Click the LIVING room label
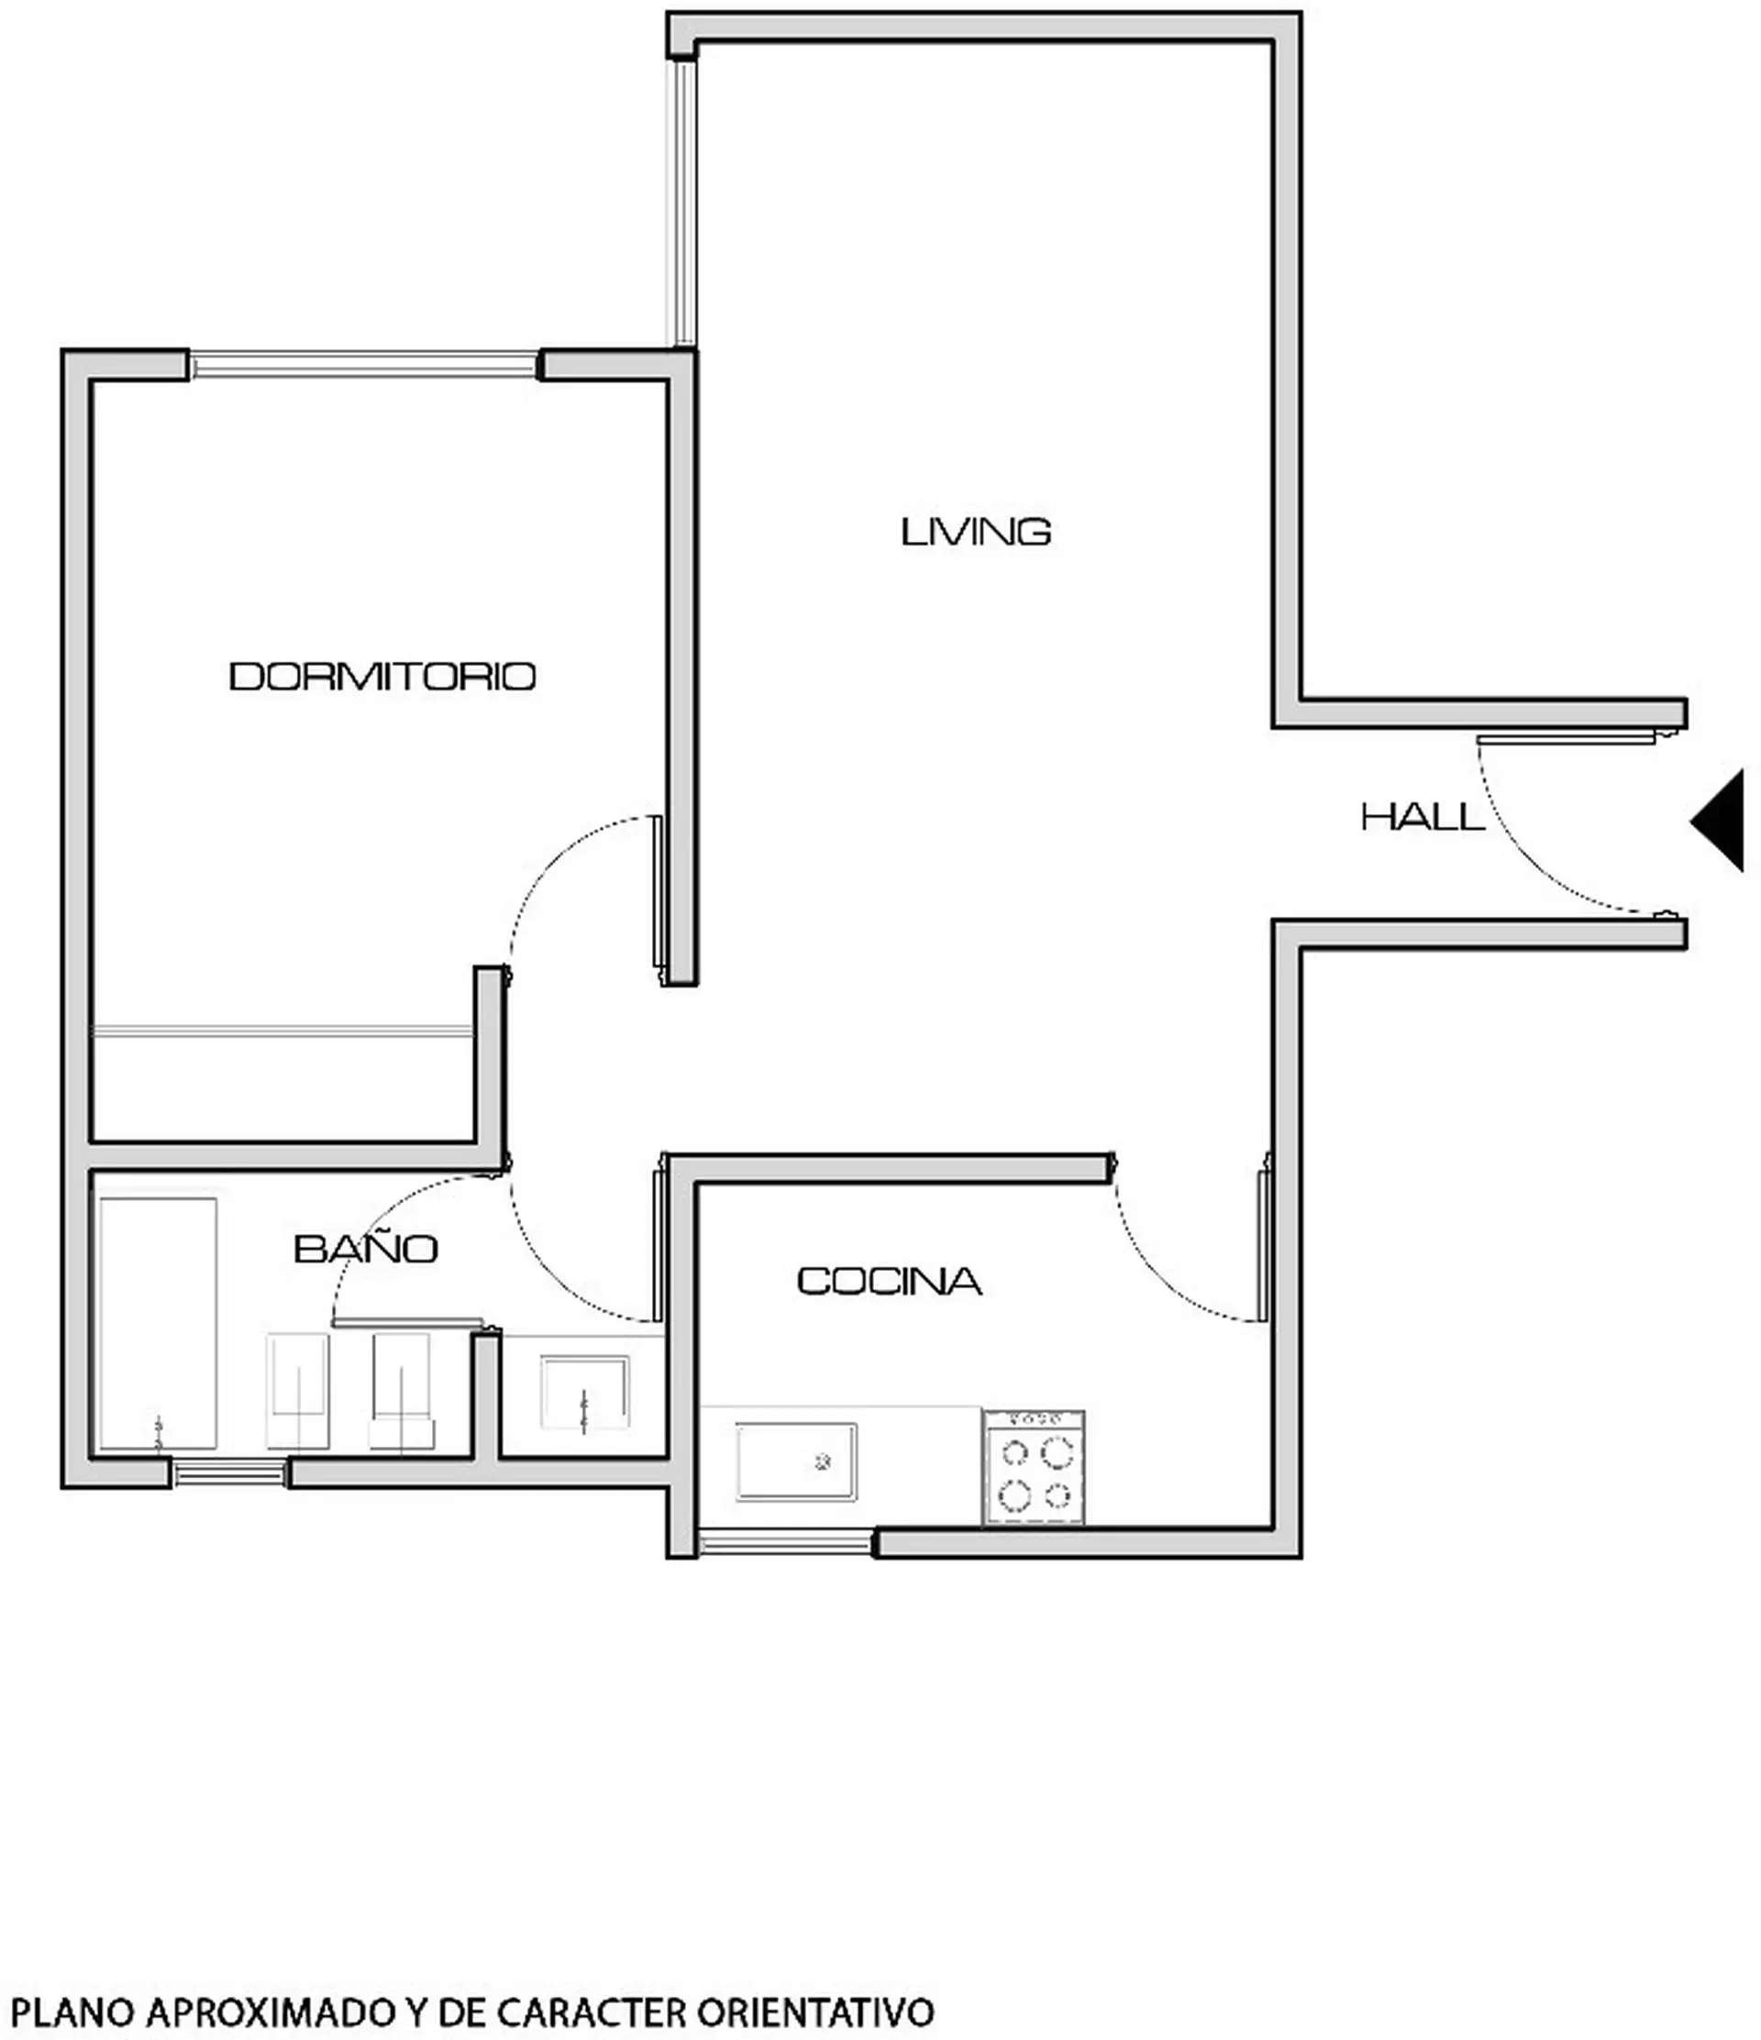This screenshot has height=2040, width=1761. (x=976, y=532)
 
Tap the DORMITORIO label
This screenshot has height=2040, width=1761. (x=382, y=677)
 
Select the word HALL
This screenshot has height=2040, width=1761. (x=1423, y=817)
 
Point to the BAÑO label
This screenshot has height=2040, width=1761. (x=365, y=1249)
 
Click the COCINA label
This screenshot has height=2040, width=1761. (x=889, y=1281)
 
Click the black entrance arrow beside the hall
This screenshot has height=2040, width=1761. (x=1718, y=821)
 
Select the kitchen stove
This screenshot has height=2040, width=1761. (x=1035, y=1467)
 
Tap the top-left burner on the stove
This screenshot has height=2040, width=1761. (x=1014, y=1452)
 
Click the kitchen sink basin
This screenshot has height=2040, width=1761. (x=796, y=1462)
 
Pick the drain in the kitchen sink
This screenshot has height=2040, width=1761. (x=824, y=1463)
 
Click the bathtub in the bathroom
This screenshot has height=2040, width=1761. (x=158, y=1324)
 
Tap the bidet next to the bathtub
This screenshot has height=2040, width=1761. (x=297, y=1390)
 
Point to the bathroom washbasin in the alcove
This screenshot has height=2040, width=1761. (x=584, y=1392)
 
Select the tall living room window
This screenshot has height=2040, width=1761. (x=681, y=203)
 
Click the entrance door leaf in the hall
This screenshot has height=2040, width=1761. (x=1566, y=738)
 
